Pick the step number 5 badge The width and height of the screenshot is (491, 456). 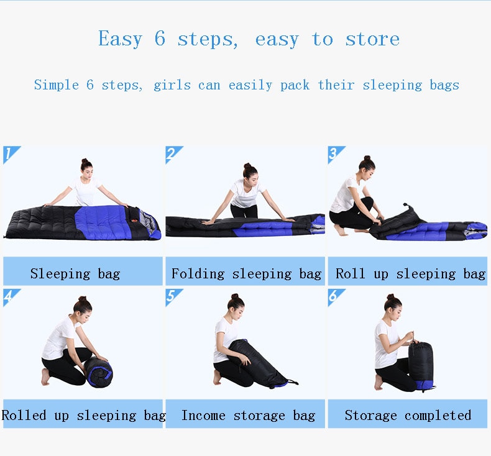(172, 296)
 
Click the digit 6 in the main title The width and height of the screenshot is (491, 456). (160, 39)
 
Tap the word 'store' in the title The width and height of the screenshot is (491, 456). (372, 39)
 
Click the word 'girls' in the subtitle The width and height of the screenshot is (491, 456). (172, 85)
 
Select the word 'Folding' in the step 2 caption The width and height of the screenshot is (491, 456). (198, 274)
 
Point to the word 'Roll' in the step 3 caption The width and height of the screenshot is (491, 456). (350, 273)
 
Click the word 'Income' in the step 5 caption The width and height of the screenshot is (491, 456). (203, 416)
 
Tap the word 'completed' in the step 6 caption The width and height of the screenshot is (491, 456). (438, 416)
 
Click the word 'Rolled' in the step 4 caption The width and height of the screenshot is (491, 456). (24, 416)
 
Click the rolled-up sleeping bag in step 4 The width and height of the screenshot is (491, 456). (99, 372)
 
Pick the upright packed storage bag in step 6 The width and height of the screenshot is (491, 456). (421, 366)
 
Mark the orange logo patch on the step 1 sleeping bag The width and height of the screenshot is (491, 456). (134, 220)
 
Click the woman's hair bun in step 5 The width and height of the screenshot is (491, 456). (234, 296)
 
